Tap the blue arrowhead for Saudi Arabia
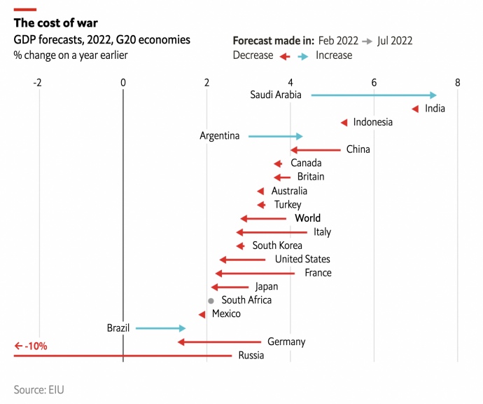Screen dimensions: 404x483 click(433, 95)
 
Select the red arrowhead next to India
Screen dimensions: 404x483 click(415, 109)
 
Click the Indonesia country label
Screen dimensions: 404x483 click(372, 122)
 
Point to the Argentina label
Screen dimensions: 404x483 click(219, 136)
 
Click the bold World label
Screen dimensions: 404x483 click(307, 218)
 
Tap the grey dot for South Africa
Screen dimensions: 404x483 click(211, 300)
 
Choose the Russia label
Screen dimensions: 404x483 click(251, 356)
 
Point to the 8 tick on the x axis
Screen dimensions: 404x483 click(458, 83)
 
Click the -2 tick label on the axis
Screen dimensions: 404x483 click(38, 83)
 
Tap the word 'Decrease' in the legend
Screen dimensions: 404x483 click(253, 55)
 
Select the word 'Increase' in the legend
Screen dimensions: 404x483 click(334, 55)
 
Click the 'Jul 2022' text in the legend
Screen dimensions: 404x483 click(395, 41)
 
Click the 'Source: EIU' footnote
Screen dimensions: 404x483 click(43, 389)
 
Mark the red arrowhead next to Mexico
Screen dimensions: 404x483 click(202, 314)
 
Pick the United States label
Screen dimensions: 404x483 click(302, 260)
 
